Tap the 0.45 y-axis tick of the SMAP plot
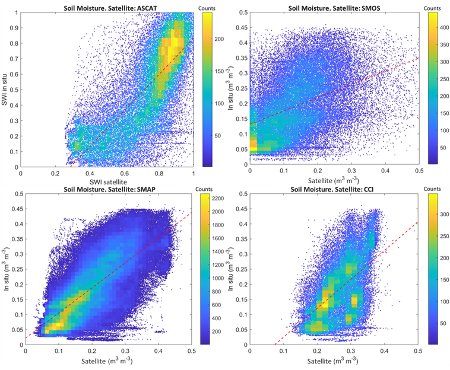pyautogui.click(x=14, y=209)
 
